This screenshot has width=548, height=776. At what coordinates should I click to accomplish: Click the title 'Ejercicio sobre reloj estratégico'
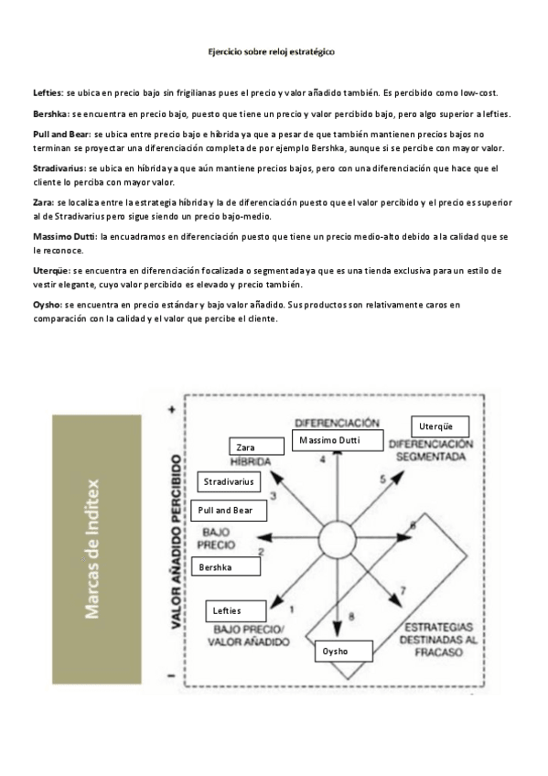point(274,53)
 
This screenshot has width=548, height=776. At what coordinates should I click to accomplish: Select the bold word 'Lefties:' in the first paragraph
point(48,92)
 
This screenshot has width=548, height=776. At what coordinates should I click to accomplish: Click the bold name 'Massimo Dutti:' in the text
point(65,236)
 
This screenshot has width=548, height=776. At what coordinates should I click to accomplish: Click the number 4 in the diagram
point(323,459)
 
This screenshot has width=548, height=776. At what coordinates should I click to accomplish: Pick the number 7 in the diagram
point(403,591)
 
